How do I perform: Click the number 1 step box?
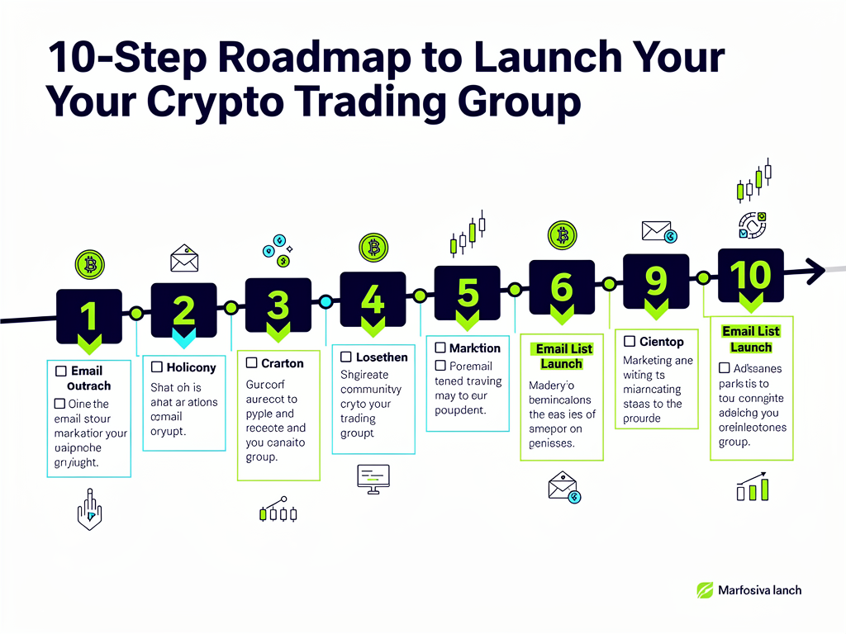pyautogui.click(x=88, y=316)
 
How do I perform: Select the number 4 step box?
pyautogui.click(x=373, y=302)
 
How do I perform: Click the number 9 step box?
pyautogui.click(x=656, y=283)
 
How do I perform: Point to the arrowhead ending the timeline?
pyautogui.click(x=816, y=267)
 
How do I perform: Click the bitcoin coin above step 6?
pyautogui.click(x=563, y=236)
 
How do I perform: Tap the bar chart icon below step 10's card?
pyautogui.click(x=753, y=489)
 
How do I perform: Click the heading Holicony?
pyautogui.click(x=191, y=367)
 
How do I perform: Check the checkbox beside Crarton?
pyautogui.click(x=251, y=362)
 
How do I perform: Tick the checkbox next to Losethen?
pyautogui.click(x=346, y=357)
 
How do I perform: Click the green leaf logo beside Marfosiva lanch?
pyautogui.click(x=704, y=590)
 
